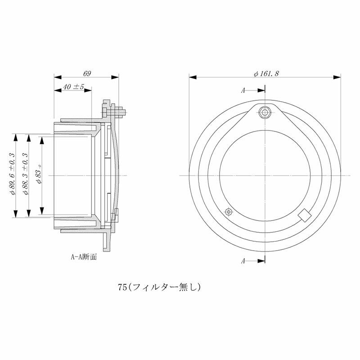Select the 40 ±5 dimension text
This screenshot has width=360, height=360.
tap(73, 86)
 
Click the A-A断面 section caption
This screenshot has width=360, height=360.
tap(84, 258)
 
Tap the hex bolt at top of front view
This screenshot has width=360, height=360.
tap(265, 112)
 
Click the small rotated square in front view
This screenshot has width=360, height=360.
tap(305, 215)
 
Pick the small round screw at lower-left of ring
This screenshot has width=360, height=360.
tap(229, 211)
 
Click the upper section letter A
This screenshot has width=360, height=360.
tap(243, 90)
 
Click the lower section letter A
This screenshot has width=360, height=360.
tap(243, 261)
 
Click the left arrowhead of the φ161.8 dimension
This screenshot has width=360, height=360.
tap(191, 77)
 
